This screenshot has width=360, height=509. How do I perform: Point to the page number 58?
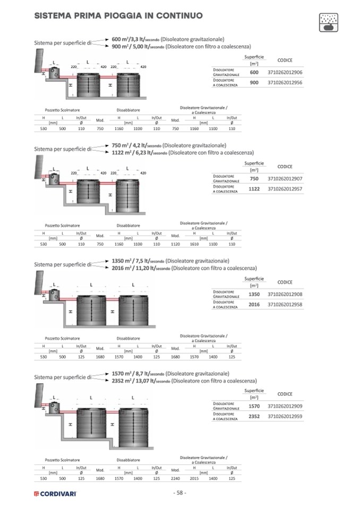pyautogui.click(x=180, y=493)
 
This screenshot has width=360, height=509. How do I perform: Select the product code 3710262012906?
pyautogui.click(x=285, y=72)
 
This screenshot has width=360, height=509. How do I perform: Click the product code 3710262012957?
pyautogui.click(x=285, y=188)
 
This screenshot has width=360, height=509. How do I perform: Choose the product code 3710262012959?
pyautogui.click(x=285, y=418)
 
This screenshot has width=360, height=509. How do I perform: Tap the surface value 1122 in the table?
pyautogui.click(x=254, y=188)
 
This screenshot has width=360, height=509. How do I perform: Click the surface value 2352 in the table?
pyautogui.click(x=254, y=418)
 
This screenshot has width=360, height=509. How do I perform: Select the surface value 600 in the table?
pyautogui.click(x=254, y=72)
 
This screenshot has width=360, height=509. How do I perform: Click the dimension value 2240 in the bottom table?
pyautogui.click(x=176, y=478)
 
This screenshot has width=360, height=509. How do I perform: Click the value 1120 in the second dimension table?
pyautogui.click(x=176, y=244)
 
